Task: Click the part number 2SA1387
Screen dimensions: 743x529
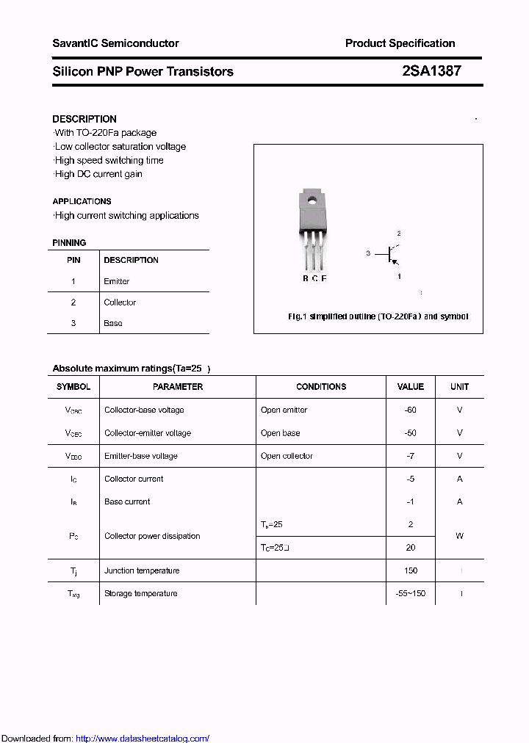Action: (x=432, y=71)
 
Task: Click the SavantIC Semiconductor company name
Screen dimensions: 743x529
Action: (x=115, y=43)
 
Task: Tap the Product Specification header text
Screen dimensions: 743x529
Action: (x=400, y=43)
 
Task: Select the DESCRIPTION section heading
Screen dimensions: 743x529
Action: (x=84, y=119)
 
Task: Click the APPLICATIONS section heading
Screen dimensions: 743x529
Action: (x=82, y=201)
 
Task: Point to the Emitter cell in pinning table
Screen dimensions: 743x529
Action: (x=117, y=281)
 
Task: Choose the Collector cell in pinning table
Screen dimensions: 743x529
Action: (x=120, y=302)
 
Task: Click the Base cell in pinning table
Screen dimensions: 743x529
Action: (x=113, y=323)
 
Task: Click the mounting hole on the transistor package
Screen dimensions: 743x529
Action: (x=312, y=199)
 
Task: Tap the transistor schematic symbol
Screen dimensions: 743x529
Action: (x=389, y=254)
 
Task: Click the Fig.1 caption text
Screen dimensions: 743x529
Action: (x=378, y=316)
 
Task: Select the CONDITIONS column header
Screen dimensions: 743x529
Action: (x=321, y=387)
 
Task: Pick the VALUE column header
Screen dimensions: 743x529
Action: (x=411, y=387)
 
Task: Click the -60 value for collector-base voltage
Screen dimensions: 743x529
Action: (x=411, y=410)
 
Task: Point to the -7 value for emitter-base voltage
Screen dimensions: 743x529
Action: (x=411, y=456)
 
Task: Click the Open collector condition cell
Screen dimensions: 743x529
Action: (x=287, y=456)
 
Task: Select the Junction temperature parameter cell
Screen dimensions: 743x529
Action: (x=142, y=570)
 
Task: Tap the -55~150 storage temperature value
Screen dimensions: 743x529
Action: (x=411, y=593)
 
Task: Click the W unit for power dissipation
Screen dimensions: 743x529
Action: (x=459, y=536)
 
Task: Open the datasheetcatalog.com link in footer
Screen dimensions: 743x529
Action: (x=143, y=739)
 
